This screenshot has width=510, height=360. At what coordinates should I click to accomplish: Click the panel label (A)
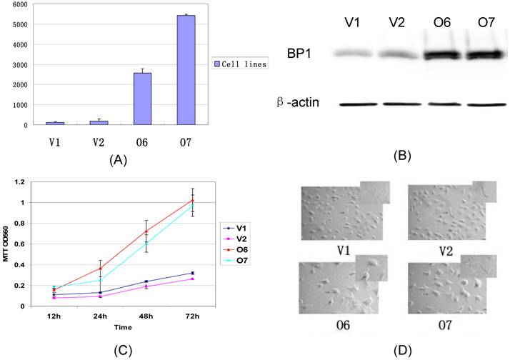coord(116,161)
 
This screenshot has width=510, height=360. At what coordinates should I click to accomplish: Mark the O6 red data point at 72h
coord(192,199)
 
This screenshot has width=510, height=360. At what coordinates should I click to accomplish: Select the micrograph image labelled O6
coord(343,290)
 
